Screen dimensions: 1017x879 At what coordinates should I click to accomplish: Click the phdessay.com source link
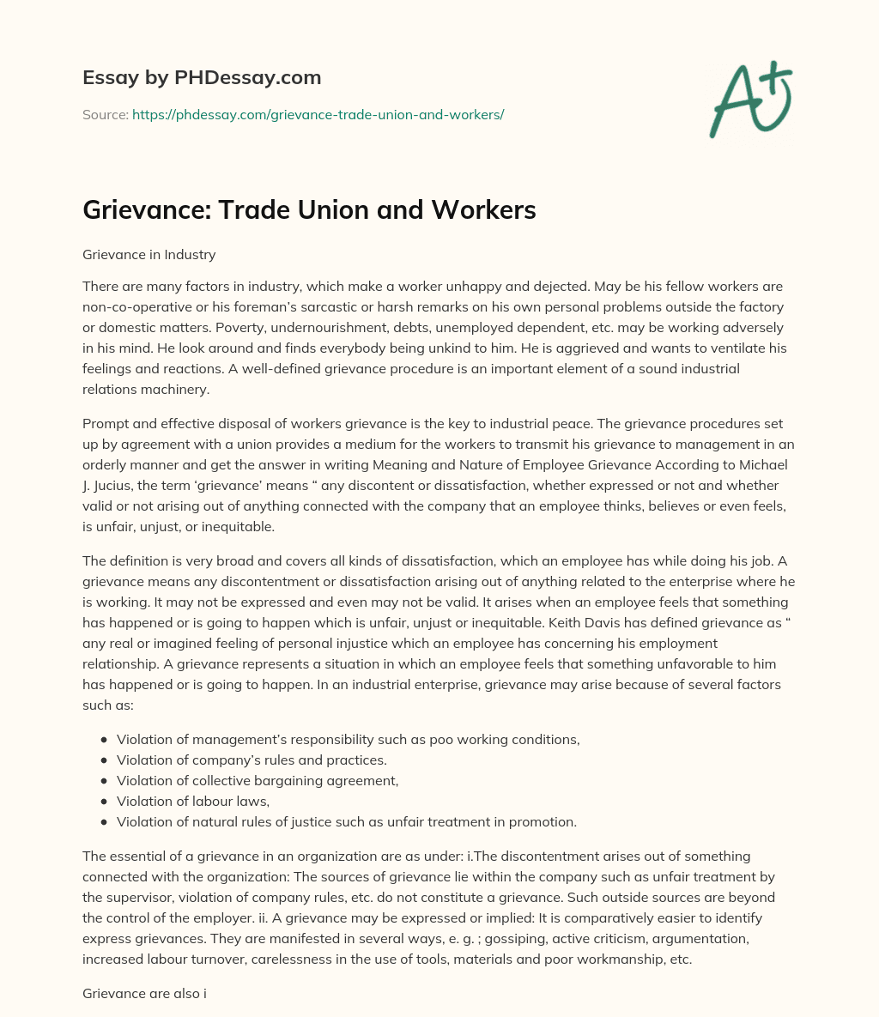(318, 114)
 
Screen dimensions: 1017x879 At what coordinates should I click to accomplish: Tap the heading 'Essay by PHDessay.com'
(202, 77)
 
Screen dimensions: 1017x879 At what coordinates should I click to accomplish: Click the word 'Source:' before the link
(105, 114)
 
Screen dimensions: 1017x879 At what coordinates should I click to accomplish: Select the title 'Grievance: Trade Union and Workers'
(309, 210)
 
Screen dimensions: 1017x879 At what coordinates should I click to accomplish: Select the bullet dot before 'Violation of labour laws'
(104, 802)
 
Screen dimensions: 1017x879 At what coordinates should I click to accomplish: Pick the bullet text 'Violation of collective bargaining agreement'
(258, 781)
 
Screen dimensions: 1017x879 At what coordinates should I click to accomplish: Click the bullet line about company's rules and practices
(252, 760)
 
